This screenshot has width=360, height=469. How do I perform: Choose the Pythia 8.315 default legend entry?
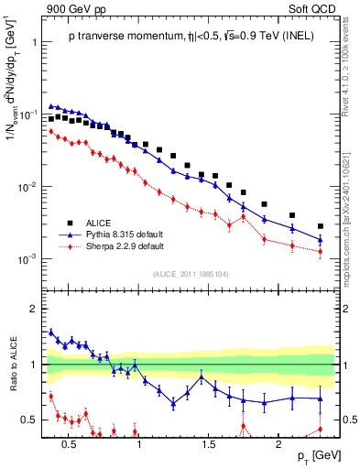pos(124,234)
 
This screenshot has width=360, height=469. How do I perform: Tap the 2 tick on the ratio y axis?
pos(36,309)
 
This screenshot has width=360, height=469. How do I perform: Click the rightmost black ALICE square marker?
pos(320,226)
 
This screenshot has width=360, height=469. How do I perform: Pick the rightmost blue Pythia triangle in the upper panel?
pos(320,239)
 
